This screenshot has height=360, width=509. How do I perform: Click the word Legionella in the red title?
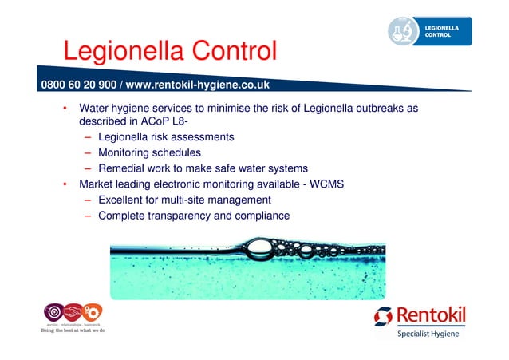[116, 52]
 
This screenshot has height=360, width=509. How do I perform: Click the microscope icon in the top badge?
[405, 30]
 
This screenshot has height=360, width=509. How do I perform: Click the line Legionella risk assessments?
[166, 137]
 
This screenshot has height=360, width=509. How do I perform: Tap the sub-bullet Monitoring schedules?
[149, 152]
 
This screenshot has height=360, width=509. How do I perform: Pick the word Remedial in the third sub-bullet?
[120, 168]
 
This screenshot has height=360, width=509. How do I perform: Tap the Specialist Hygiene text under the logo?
[428, 334]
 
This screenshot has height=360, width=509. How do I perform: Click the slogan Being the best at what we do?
[73, 330]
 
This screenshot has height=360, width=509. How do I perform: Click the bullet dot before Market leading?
[65, 184]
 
